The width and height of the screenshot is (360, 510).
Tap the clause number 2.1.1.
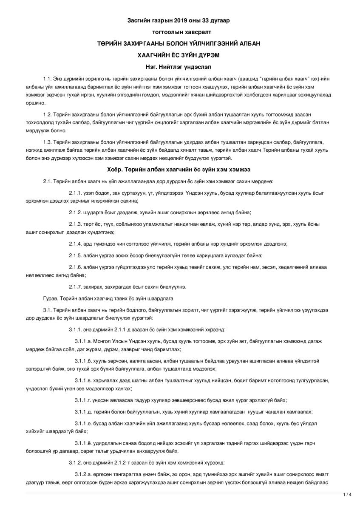point(77,193)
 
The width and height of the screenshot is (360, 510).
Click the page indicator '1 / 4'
point(347,495)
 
